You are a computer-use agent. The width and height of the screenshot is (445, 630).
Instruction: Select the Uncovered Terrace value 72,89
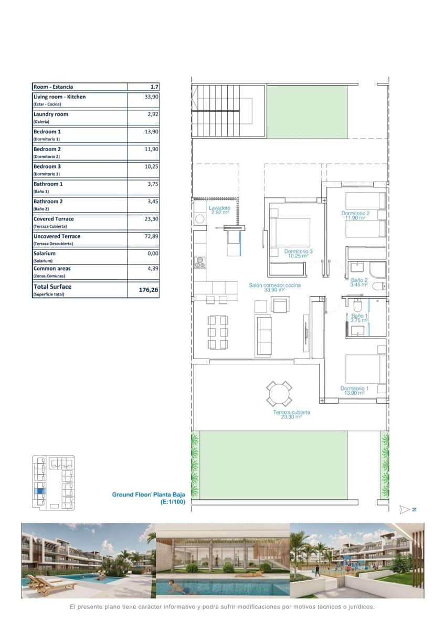coord(151,236)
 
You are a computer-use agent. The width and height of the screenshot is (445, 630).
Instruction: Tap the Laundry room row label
coord(51,114)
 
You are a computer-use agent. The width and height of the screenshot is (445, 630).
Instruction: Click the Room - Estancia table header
coord(53,87)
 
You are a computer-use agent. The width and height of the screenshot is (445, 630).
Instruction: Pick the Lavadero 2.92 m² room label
coord(220,211)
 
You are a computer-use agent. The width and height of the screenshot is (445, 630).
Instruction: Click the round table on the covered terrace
coord(279,394)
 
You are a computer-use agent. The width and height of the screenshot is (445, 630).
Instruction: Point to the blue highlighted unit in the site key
coord(40,492)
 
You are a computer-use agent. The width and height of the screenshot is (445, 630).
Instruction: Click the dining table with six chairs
coord(217,332)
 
